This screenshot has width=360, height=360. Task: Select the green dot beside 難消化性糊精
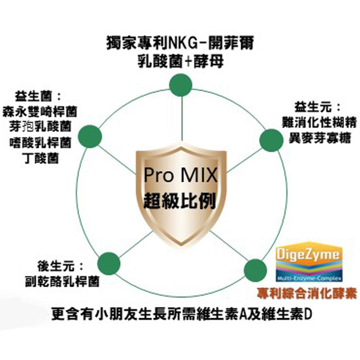click(272, 139)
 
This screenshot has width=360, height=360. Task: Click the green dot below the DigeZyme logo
click(255, 270)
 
